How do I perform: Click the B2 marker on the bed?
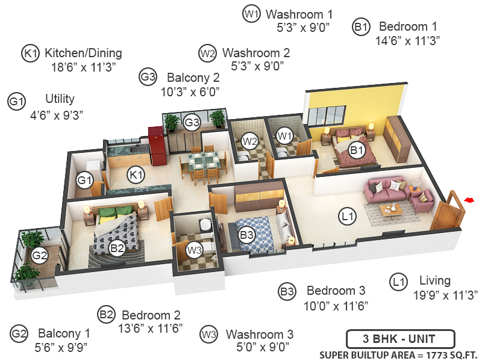[x=117, y=247]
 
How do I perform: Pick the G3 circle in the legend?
[x=148, y=78]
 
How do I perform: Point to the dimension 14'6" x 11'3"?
[x=408, y=41]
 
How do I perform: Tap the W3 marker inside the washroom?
[x=194, y=249]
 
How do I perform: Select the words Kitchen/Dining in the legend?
[x=83, y=53]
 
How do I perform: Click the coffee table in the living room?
[x=391, y=210]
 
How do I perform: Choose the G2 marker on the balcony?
[x=40, y=256]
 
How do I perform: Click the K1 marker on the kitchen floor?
[x=137, y=175]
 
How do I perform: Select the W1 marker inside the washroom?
[x=284, y=136]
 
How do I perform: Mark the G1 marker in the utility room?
[x=84, y=179]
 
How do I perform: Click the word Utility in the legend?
[x=60, y=99]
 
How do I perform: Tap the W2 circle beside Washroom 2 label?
[x=207, y=53]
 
